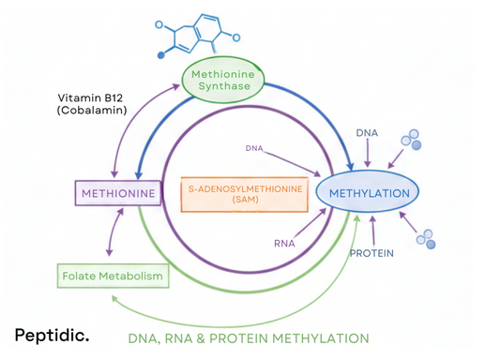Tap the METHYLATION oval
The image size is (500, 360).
click(x=367, y=193)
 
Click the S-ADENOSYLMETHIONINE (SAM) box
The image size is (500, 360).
click(x=245, y=195)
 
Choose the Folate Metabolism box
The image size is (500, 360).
click(x=112, y=277)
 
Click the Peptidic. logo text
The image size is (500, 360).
click(x=52, y=333)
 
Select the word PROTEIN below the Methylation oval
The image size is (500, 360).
click(x=371, y=253)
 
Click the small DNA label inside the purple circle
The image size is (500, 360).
click(x=254, y=148)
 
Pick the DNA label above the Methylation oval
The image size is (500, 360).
click(x=367, y=134)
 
